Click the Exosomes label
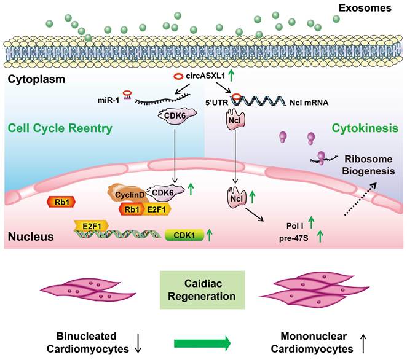370,8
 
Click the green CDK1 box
183,235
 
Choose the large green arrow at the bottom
204,341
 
